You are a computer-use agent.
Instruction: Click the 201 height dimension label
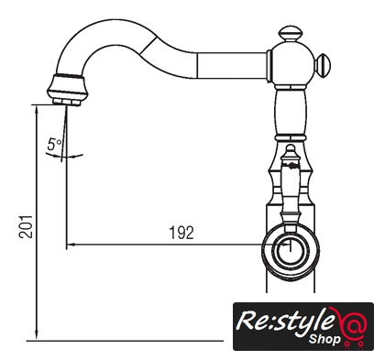coord(26,226)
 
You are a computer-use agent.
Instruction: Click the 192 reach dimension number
coord(181,233)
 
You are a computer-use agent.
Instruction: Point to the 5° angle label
coord(54,144)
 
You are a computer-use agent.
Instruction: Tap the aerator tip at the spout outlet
coord(67,102)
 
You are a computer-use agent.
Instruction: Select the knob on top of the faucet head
coord(291,34)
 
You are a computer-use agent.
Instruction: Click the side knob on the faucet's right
coord(323,65)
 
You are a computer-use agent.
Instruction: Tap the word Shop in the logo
coord(324,339)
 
